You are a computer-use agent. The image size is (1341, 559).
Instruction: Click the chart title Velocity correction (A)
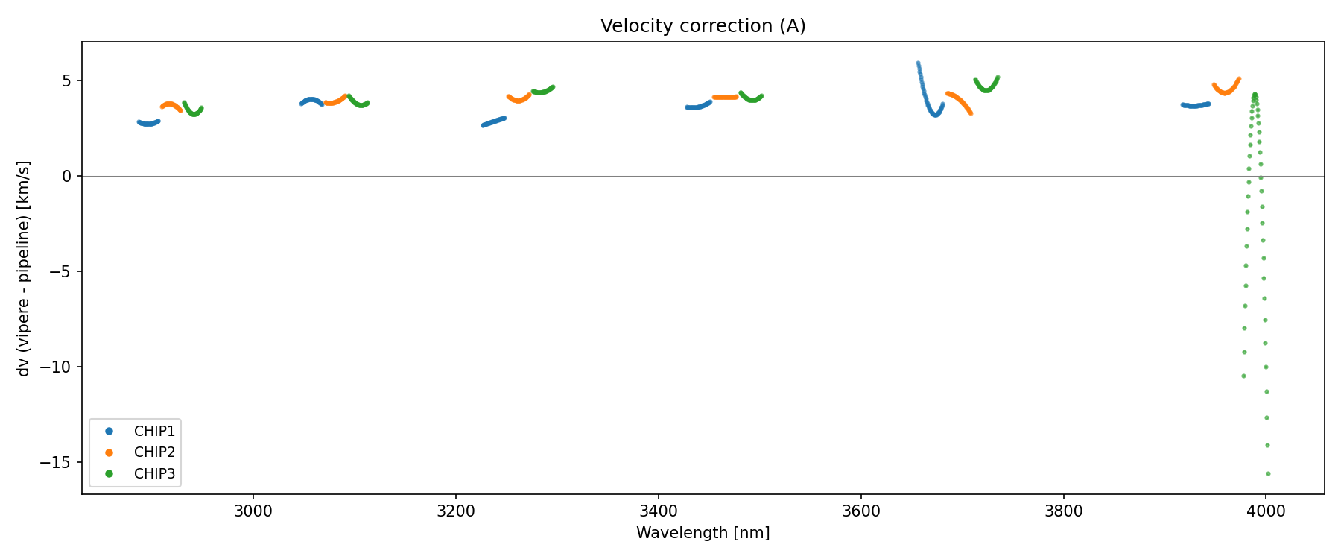tap(703, 26)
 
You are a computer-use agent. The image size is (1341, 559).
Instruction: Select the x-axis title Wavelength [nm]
tap(703, 533)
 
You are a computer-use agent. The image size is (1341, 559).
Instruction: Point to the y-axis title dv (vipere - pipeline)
tap(24, 268)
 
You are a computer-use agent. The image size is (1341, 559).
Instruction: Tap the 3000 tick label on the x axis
tap(253, 511)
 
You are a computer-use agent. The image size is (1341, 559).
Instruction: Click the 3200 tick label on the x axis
tap(456, 511)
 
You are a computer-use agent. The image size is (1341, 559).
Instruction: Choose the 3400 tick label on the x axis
tap(659, 511)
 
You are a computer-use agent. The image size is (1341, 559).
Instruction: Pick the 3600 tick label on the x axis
tap(860, 511)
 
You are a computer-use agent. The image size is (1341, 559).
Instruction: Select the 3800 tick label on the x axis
tap(1063, 511)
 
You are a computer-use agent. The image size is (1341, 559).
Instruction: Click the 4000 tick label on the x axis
tap(1266, 511)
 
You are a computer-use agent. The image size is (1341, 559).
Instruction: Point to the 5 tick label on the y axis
tap(67, 80)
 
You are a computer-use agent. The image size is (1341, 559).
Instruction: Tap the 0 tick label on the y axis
tap(67, 176)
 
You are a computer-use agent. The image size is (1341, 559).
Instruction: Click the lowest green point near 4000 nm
tap(1268, 473)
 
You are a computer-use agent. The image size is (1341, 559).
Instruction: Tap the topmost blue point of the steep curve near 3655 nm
tap(918, 63)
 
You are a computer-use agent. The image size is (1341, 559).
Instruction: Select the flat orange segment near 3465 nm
tap(725, 97)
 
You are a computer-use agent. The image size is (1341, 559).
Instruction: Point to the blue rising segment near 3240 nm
tap(493, 121)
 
